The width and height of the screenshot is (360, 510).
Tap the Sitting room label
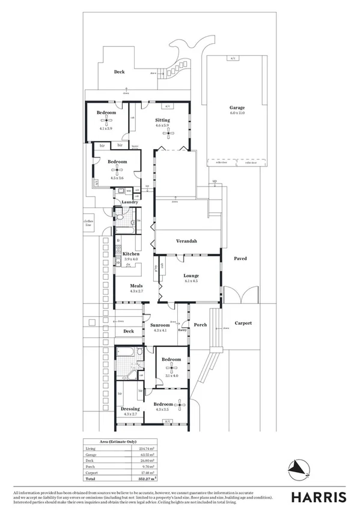coord(162,120)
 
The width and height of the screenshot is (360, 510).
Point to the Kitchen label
coord(131,254)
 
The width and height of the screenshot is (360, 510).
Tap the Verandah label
coord(187,241)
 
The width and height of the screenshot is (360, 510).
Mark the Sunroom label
coord(162,325)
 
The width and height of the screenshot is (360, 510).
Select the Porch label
coord(200,325)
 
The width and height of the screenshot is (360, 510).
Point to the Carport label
coord(243,323)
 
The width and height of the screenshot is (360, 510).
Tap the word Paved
coord(240,259)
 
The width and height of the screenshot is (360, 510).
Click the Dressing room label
coord(130,409)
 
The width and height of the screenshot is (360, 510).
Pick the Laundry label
coord(130,202)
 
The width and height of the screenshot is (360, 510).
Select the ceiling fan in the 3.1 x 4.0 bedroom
coord(171,368)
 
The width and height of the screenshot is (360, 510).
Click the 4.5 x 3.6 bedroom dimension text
coord(117,178)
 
